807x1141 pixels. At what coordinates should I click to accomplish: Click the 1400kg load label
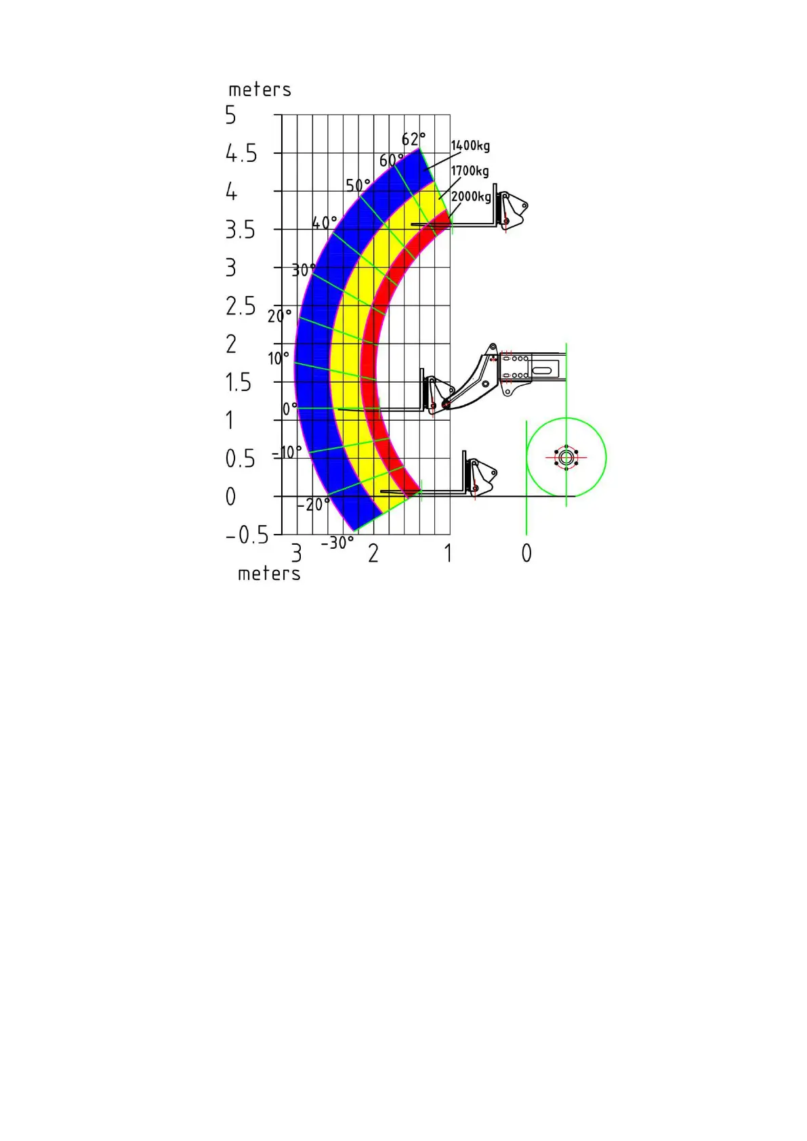pyautogui.click(x=470, y=146)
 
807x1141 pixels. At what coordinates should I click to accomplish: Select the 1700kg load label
pyautogui.click(x=470, y=171)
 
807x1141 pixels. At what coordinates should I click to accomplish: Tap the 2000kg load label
pyautogui.click(x=472, y=196)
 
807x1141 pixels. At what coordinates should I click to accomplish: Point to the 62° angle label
pyautogui.click(x=413, y=139)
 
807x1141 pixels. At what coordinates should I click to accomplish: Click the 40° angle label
pyautogui.click(x=325, y=223)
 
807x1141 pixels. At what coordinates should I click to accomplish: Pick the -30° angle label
pyautogui.click(x=337, y=543)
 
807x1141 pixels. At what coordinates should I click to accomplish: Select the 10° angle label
pyautogui.click(x=278, y=358)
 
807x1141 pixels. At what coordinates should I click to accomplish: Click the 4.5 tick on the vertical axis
pyautogui.click(x=241, y=153)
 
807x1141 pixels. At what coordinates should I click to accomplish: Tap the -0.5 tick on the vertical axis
pyautogui.click(x=247, y=535)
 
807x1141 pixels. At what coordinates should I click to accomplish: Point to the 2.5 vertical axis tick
pyautogui.click(x=241, y=306)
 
